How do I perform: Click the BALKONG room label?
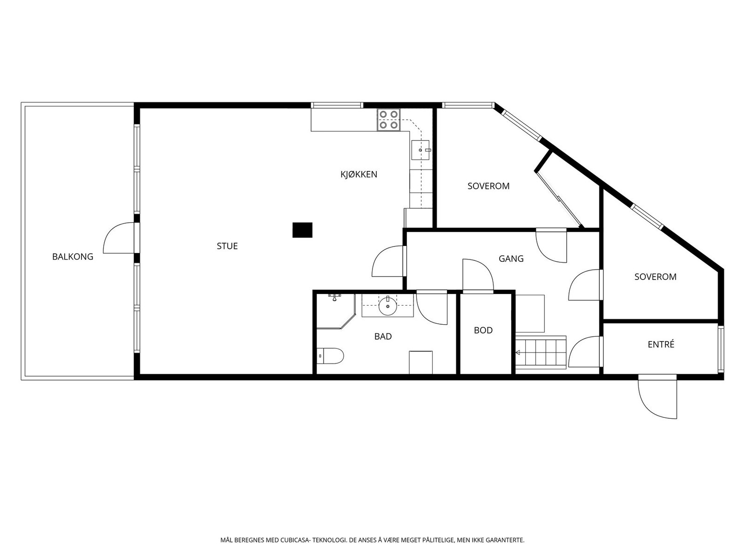pyautogui.click(x=73, y=257)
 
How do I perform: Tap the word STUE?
pyautogui.click(x=227, y=246)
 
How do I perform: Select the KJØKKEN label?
pyautogui.click(x=359, y=174)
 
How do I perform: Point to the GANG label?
pyautogui.click(x=511, y=259)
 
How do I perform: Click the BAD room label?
pyautogui.click(x=383, y=336)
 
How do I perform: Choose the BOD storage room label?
pyautogui.click(x=483, y=330)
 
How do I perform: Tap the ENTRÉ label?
pyautogui.click(x=661, y=345)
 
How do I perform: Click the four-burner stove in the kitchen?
pyautogui.click(x=389, y=120)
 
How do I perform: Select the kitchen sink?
pyautogui.click(x=420, y=150)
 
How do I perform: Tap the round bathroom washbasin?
pyautogui.click(x=387, y=306)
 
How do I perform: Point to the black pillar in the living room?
pyautogui.click(x=302, y=230)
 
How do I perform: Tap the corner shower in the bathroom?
pyautogui.click(x=336, y=311)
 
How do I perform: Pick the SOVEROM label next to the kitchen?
pyautogui.click(x=488, y=186)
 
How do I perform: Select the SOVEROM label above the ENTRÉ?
pyautogui.click(x=656, y=277)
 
